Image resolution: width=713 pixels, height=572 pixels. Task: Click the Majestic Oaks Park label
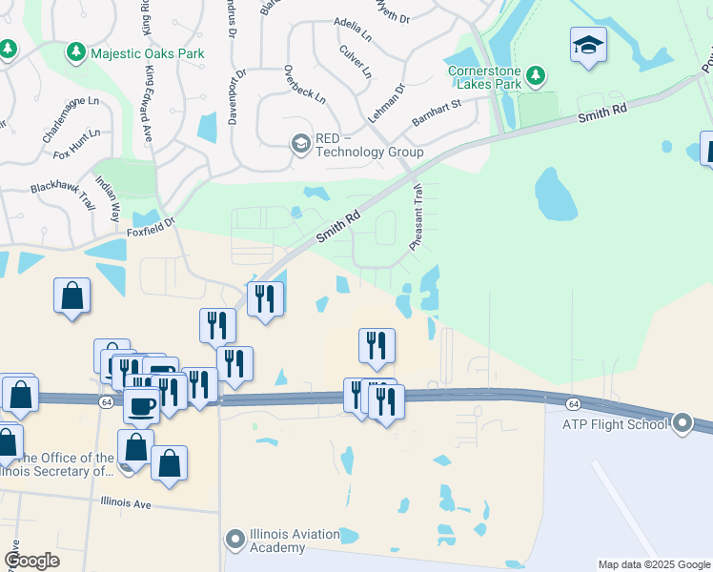click(x=147, y=53)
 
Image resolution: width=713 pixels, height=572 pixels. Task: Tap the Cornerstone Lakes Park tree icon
click(x=536, y=74)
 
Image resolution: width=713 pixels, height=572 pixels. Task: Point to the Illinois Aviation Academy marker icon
click(x=235, y=540)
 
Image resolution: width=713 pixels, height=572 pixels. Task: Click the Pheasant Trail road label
click(x=417, y=217)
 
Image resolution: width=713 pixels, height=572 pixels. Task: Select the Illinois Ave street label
click(x=125, y=500)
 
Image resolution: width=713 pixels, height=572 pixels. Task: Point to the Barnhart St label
click(x=436, y=112)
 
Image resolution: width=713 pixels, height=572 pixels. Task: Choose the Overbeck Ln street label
click(x=305, y=85)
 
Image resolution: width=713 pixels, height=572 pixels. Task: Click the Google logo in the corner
click(x=31, y=561)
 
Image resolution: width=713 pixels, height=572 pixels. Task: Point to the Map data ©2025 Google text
click(x=653, y=564)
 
